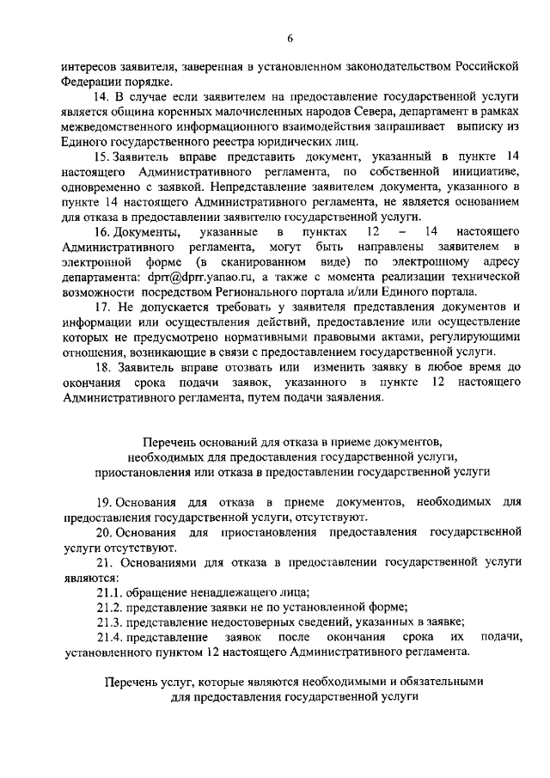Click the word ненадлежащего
[x=238, y=591]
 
